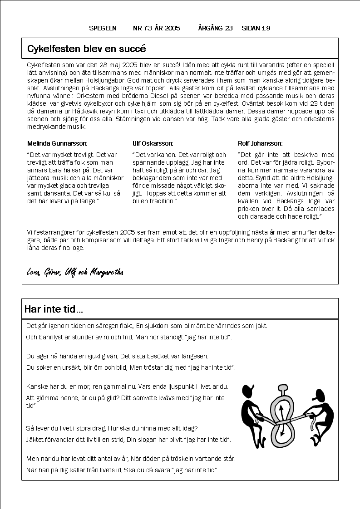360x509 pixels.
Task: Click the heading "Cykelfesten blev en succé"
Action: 86,49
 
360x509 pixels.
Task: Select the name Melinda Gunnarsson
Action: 57,143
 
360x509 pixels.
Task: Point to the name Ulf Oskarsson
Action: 153,143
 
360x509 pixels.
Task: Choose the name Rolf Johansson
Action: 260,143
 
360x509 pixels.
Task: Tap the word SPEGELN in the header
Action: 103,28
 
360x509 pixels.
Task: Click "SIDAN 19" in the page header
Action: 256,28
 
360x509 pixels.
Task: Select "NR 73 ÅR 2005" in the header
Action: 157,28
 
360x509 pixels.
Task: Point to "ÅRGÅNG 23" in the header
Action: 216,28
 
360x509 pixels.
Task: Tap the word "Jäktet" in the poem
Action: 35,440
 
